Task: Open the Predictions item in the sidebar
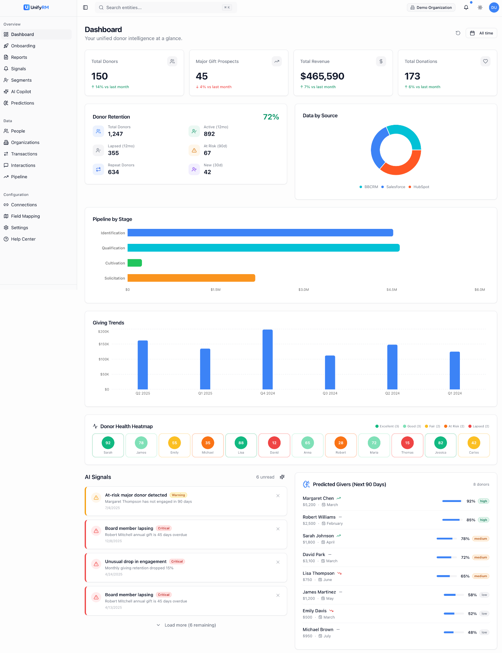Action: (22, 103)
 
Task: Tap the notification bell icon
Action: (466, 7)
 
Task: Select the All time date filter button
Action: (481, 33)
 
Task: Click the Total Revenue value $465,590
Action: (322, 76)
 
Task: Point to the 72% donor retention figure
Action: (271, 117)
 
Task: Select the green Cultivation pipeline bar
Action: (135, 263)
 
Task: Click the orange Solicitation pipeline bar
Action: (191, 278)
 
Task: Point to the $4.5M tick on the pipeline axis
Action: (392, 290)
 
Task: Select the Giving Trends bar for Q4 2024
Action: (268, 359)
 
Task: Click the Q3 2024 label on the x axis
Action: (330, 394)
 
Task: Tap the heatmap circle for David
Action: (274, 443)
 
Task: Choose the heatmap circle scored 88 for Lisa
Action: (241, 443)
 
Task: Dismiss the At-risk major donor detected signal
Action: (278, 496)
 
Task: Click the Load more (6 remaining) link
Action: (190, 625)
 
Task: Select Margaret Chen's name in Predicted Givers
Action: (318, 498)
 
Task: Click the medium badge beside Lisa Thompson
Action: (481, 576)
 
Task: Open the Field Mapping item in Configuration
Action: (25, 216)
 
